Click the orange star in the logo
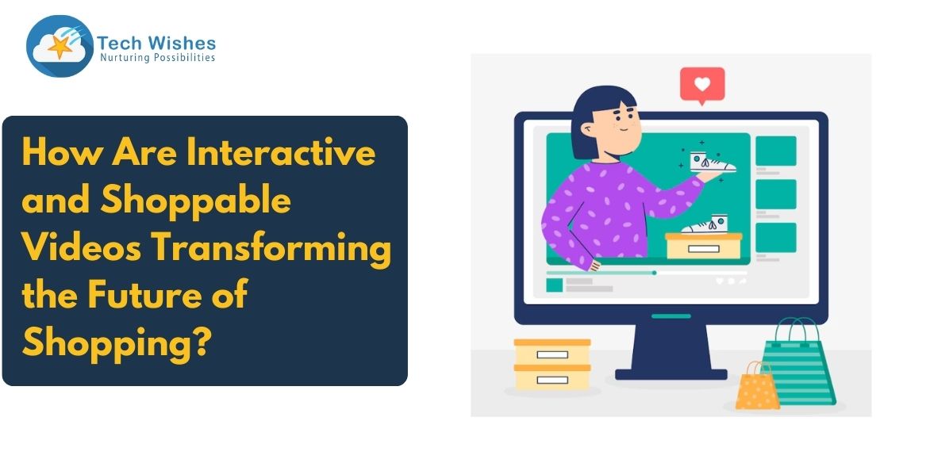click(x=60, y=47)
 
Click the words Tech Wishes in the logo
click(x=156, y=44)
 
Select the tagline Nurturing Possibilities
click(x=157, y=58)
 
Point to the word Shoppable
click(x=195, y=201)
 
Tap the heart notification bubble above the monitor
click(x=702, y=85)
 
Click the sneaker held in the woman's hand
click(x=713, y=163)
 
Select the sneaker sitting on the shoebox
click(x=705, y=224)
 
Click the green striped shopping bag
click(x=799, y=363)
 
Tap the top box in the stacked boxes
click(x=552, y=352)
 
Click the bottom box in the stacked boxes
click(x=552, y=377)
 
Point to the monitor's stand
click(x=671, y=352)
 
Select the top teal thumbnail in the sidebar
click(x=775, y=151)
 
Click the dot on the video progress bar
click(x=654, y=273)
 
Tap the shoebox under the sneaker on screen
click(x=704, y=247)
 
